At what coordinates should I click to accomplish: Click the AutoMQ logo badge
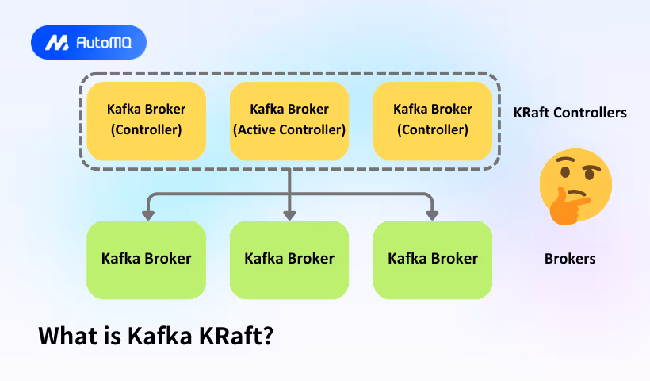coord(89,43)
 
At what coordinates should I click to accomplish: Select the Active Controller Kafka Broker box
coord(289,119)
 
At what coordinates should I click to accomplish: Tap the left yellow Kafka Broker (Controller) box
coord(146,119)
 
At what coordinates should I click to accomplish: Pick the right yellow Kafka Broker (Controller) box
coord(432,119)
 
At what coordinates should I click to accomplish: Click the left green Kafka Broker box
coord(146,260)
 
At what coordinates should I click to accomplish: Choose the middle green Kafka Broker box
coord(289,260)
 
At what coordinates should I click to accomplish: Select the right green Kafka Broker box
coord(432,260)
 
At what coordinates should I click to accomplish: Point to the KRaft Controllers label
coord(570,113)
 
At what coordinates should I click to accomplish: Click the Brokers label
coord(570,259)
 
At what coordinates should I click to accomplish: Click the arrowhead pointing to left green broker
coord(147,214)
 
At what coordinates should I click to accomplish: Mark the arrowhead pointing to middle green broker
coord(289,214)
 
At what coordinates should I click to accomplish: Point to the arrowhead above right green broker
coord(432,214)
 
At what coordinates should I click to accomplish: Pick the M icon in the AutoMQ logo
coord(56,43)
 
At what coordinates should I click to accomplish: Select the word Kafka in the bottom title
coord(156,336)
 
